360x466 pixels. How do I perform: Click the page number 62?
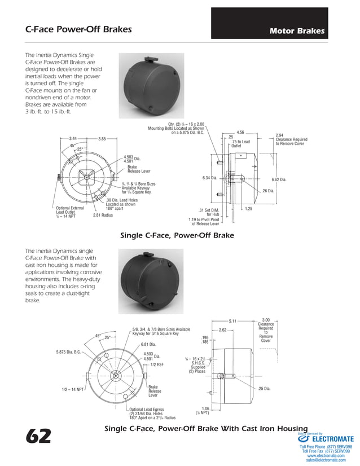point(38,436)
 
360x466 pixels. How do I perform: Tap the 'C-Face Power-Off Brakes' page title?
point(78,29)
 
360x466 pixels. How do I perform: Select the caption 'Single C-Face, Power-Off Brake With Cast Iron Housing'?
point(206,429)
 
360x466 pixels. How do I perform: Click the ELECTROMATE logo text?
point(332,438)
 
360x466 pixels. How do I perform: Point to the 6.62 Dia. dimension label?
point(279,179)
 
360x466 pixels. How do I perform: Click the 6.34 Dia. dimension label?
point(210,178)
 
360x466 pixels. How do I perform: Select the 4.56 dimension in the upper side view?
point(240,132)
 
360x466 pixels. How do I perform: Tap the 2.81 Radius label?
point(103,214)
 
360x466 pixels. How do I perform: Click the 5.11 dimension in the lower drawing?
point(234,320)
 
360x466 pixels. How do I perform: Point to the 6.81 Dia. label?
point(148,344)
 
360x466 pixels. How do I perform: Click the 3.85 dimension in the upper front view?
point(102,138)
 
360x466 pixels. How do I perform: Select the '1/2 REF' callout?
point(157,365)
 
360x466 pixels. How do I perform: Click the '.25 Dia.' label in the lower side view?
point(264,388)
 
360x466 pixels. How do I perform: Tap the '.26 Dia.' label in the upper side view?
point(268,191)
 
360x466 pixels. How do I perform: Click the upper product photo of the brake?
point(151,85)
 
